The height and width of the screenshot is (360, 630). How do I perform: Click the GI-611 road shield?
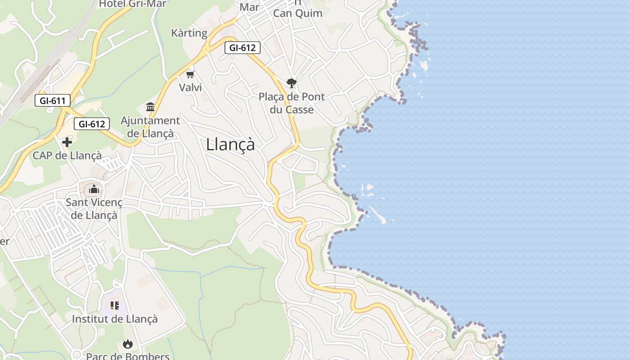(53, 100)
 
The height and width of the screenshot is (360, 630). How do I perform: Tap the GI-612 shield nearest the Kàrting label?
(243, 47)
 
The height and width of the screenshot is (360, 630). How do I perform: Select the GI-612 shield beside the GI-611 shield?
(92, 124)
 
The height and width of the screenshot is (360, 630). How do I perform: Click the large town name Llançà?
(230, 144)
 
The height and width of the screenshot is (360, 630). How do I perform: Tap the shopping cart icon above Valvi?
(190, 74)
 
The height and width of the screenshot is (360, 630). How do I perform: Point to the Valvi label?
(190, 87)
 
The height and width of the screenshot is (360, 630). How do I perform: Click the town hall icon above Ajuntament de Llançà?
(150, 107)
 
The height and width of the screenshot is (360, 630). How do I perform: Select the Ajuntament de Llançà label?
(150, 127)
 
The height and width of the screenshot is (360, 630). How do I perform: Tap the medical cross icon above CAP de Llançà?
(67, 143)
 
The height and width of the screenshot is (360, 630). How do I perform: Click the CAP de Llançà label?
(67, 156)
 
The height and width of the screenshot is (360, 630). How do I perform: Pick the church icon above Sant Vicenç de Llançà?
(94, 189)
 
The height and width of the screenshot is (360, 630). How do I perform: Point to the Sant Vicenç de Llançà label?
(94, 209)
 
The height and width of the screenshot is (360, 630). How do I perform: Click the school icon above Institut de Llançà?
(115, 306)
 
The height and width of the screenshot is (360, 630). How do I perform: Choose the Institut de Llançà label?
(115, 319)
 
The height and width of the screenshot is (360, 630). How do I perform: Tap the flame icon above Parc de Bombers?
(128, 344)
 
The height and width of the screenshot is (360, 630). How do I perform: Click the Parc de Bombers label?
(128, 356)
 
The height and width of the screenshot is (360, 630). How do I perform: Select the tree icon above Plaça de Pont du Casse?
(292, 83)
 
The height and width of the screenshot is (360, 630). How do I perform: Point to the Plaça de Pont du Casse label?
(292, 103)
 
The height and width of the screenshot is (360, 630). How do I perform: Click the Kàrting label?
(189, 33)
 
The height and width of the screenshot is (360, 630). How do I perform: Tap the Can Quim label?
(298, 13)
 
